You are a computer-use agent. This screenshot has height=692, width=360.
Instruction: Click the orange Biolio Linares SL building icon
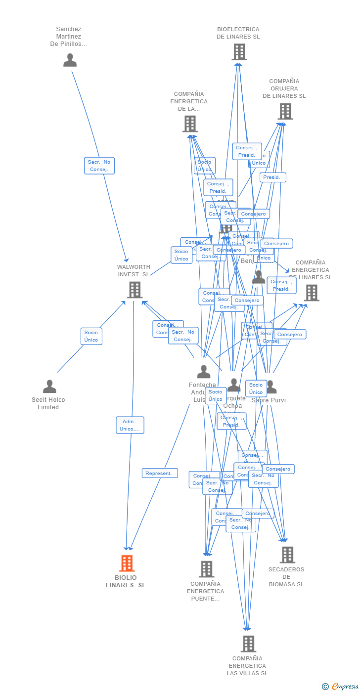[x=127, y=563]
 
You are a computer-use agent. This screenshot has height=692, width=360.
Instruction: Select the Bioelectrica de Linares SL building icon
[x=239, y=52]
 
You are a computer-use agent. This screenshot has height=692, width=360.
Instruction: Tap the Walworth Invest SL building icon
[x=135, y=290]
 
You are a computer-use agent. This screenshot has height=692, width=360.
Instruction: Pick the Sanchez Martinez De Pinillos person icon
[x=70, y=60]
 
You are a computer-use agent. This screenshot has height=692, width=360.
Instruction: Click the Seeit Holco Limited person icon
[x=49, y=387]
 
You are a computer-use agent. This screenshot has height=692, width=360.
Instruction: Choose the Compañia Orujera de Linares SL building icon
[x=285, y=112]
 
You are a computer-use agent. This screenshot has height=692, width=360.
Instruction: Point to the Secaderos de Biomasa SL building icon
[x=287, y=555]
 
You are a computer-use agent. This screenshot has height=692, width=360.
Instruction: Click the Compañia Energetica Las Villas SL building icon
[x=248, y=644]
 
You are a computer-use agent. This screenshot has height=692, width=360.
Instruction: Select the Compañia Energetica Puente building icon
[x=206, y=569]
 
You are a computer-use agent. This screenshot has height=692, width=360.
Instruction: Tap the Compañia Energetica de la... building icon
[x=190, y=124]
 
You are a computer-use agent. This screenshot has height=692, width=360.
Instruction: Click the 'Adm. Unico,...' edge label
[x=130, y=425]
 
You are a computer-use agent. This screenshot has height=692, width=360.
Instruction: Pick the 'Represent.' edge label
[x=159, y=473]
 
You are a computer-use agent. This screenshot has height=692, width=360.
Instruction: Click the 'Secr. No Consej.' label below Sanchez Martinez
[x=99, y=166]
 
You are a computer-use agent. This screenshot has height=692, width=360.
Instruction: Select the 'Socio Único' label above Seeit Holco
[x=91, y=336]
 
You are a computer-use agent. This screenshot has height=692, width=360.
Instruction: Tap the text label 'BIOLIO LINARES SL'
[x=126, y=581]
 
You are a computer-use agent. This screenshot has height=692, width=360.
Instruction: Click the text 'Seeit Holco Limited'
[x=48, y=403]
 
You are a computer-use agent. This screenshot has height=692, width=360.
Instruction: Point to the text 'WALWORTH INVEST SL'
[x=134, y=270]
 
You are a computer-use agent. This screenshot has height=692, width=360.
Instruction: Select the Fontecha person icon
[x=203, y=372]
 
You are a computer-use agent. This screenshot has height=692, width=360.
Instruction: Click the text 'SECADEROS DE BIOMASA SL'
[x=286, y=577]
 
